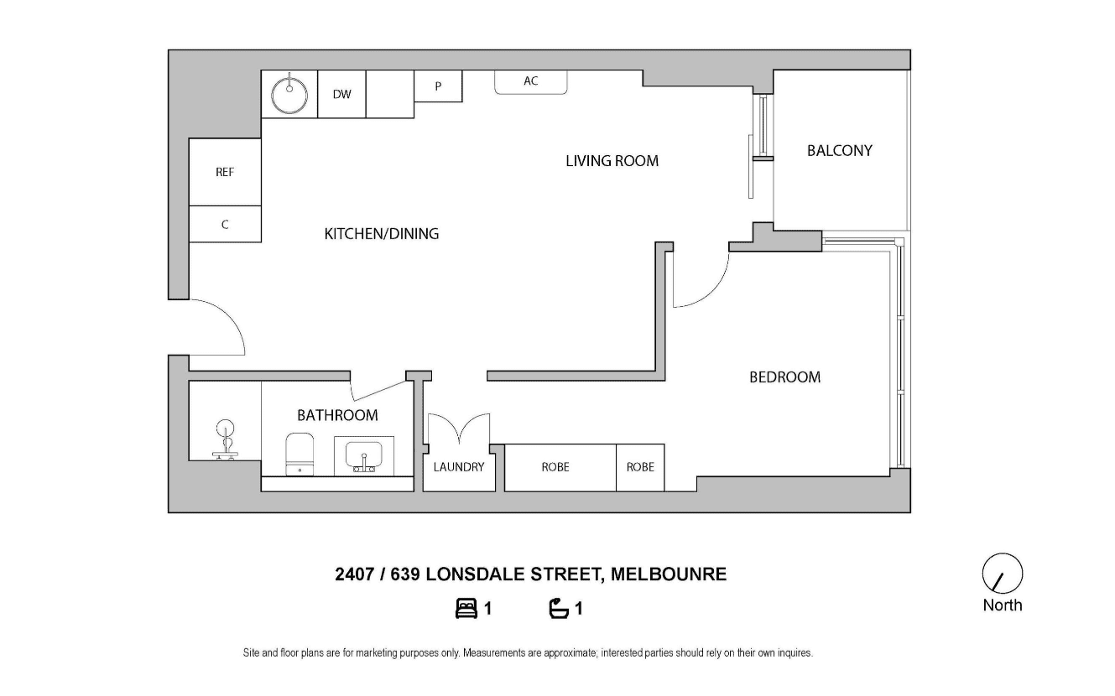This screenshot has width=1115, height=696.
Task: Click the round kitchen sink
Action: [x=289, y=95]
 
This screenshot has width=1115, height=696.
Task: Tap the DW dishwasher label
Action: [x=342, y=94]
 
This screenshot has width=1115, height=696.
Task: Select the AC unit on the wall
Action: [x=530, y=82]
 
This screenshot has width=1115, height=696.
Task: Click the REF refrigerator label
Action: [x=225, y=172]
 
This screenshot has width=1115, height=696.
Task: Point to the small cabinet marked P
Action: [x=438, y=86]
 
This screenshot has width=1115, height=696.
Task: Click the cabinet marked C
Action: [x=225, y=224]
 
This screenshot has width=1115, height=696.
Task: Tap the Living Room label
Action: [x=612, y=161]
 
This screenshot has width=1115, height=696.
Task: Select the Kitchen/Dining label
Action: [x=381, y=233]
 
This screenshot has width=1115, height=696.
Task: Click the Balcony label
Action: [x=839, y=150]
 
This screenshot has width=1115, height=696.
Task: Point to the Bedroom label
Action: [x=785, y=377]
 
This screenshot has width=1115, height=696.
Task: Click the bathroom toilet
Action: [x=300, y=454]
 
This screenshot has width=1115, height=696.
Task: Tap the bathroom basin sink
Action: [x=364, y=455]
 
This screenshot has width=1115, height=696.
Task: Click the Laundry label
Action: [x=458, y=466]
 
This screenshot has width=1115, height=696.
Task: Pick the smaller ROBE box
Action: [x=640, y=468]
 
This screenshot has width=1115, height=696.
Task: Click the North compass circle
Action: [x=1002, y=573]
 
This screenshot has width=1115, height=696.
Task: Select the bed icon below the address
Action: [x=466, y=609]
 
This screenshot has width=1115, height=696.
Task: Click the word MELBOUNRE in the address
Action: [x=669, y=574]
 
